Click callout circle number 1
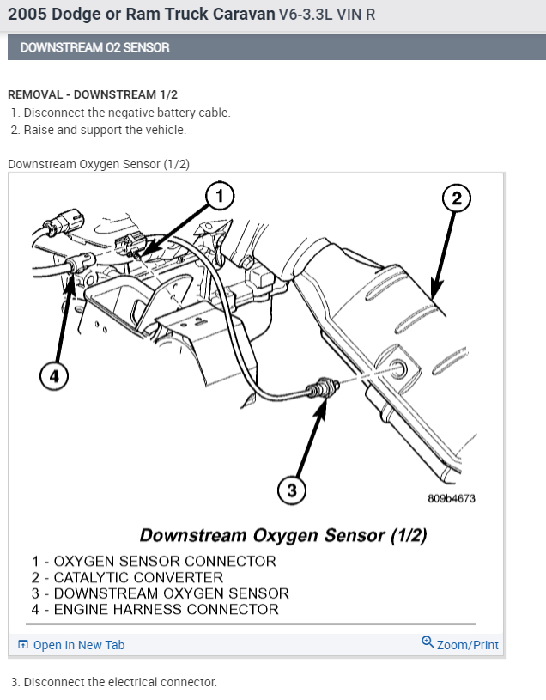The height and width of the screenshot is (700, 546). pos(219,197)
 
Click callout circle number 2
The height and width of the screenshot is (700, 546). pos(457,199)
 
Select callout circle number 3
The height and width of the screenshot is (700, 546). pos(292,490)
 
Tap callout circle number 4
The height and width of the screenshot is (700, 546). pos(54,377)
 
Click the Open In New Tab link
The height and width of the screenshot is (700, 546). pos(78,645)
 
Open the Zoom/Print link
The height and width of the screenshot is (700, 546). pos(467,645)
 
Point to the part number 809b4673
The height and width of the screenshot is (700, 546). pos(451,498)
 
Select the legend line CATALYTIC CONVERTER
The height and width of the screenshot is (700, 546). pos(128,578)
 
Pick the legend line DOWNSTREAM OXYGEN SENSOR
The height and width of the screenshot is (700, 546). pos(161,593)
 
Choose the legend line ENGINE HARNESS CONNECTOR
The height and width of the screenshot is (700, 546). pos(155,610)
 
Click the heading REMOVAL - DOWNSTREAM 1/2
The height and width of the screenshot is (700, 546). pos(93,94)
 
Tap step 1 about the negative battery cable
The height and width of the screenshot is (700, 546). pos(121,113)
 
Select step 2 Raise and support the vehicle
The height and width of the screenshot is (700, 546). pos(99,131)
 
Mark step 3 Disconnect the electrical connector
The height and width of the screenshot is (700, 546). pos(114,682)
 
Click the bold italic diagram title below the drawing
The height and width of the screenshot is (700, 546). pos(283,535)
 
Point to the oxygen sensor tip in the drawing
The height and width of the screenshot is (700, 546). pos(328,386)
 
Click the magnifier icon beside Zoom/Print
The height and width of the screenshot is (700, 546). pos(428,642)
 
